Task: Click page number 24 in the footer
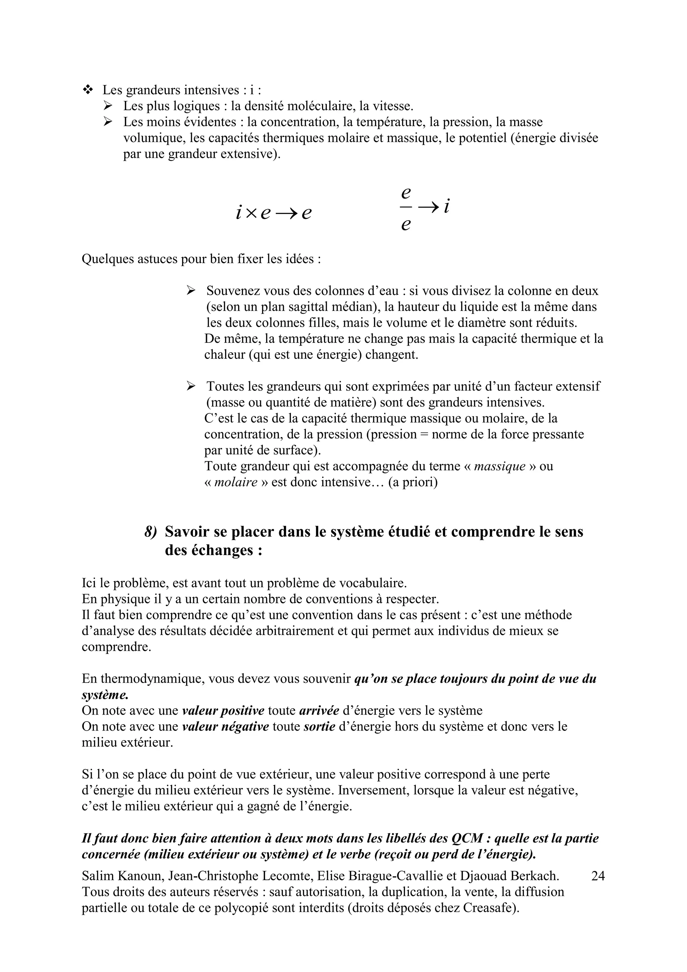(598, 876)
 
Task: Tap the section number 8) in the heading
(151, 532)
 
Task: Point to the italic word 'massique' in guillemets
(499, 466)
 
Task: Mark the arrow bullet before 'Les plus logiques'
(108, 106)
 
